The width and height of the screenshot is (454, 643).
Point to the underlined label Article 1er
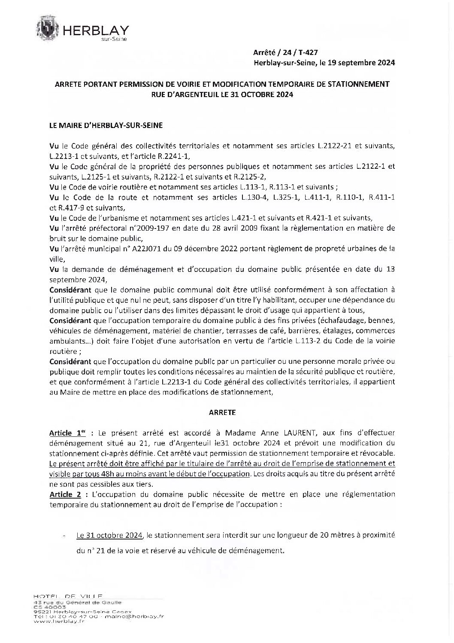click(x=67, y=433)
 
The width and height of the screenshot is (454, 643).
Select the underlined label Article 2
click(x=65, y=494)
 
